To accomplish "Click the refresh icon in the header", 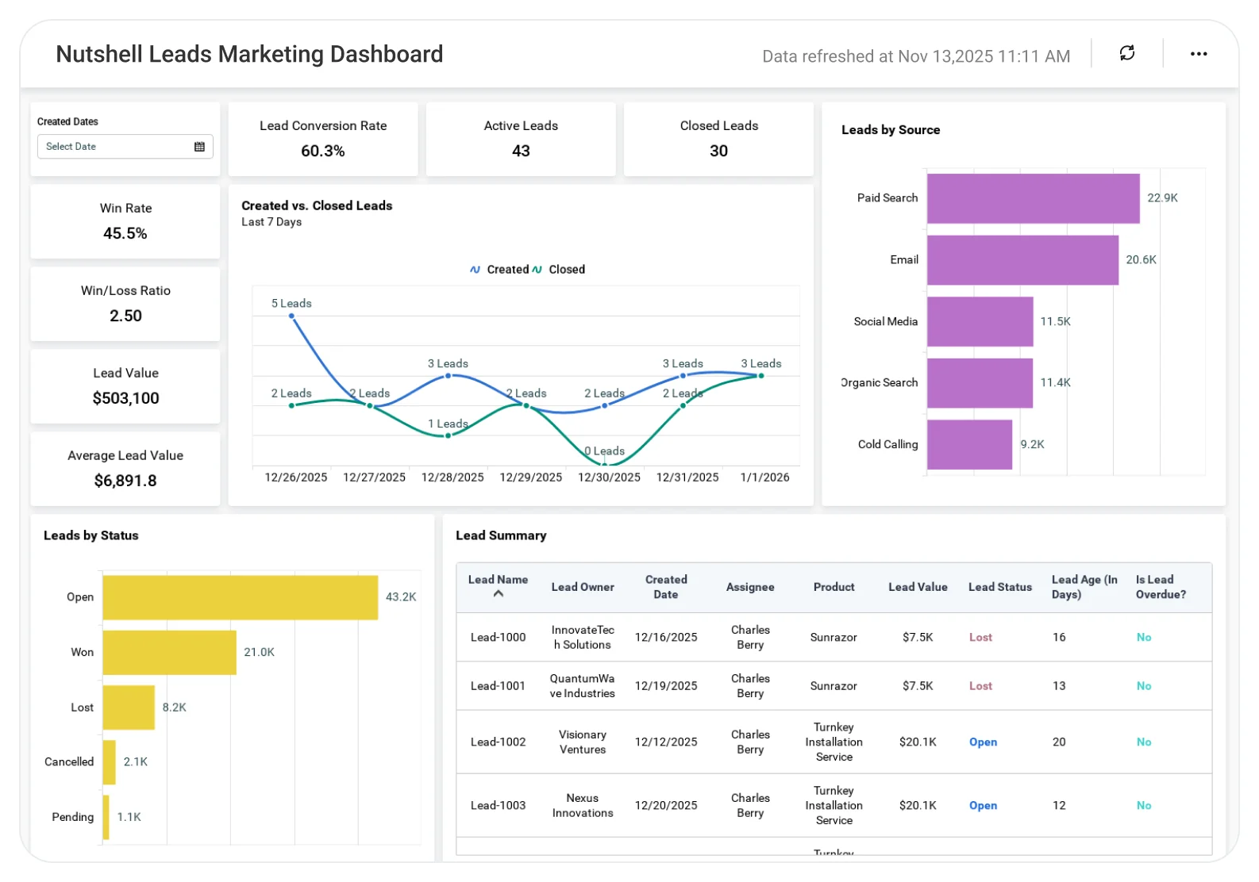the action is [x=1126, y=53].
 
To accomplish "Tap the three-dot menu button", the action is [x=1199, y=54].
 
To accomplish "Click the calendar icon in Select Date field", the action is [x=199, y=147].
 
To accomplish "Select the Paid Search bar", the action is [x=1033, y=198].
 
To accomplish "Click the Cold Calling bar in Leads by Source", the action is [x=969, y=445].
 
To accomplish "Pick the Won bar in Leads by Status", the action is [x=169, y=652].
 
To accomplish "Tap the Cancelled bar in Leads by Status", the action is [x=109, y=762].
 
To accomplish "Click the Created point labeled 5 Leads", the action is [x=291, y=316].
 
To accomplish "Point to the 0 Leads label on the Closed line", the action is [x=604, y=451].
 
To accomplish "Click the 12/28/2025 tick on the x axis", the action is [x=452, y=477].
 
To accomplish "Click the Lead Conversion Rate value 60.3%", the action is [x=322, y=151].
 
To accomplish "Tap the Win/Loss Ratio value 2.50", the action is [x=125, y=316].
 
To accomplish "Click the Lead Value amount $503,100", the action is [x=125, y=398].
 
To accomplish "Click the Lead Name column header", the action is [x=498, y=579].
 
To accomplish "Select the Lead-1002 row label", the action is [x=498, y=742].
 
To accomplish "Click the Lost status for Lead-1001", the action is [x=980, y=685].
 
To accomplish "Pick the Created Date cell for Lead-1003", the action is [x=665, y=805].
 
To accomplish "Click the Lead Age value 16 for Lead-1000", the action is [x=1059, y=637].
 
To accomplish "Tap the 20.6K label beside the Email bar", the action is [x=1141, y=259].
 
